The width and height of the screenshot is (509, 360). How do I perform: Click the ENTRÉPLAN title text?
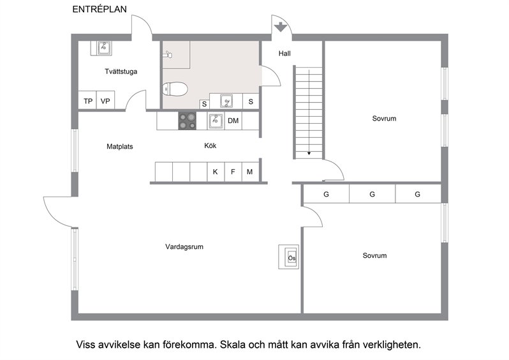[x=100, y=9]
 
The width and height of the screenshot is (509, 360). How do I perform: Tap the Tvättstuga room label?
[x=121, y=71]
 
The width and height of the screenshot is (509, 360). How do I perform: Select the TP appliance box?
[x=87, y=100]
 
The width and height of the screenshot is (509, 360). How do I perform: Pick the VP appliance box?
[x=105, y=100]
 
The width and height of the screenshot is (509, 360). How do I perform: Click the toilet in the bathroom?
[x=175, y=89]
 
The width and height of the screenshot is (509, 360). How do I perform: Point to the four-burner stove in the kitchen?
[x=188, y=121]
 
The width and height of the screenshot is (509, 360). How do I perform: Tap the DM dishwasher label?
[x=233, y=121]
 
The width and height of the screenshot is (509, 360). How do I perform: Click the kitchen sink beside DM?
[x=216, y=121]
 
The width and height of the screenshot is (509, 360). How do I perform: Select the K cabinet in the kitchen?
[x=216, y=172]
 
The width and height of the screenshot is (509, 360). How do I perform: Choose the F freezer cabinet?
[x=233, y=172]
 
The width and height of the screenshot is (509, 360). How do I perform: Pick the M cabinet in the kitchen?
[x=250, y=172]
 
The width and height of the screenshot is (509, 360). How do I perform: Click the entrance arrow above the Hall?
[x=280, y=27]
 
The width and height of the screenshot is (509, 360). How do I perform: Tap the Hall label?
[x=284, y=54]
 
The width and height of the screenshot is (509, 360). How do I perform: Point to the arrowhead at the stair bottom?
[x=309, y=153]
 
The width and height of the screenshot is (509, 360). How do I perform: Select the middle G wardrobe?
[x=373, y=194]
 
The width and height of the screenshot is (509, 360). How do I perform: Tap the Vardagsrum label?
[x=184, y=246]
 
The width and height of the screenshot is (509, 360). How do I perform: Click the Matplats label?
[x=120, y=147]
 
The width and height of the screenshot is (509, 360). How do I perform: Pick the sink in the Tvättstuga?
[x=104, y=48]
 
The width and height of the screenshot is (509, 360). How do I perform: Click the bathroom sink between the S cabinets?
[x=226, y=101]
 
